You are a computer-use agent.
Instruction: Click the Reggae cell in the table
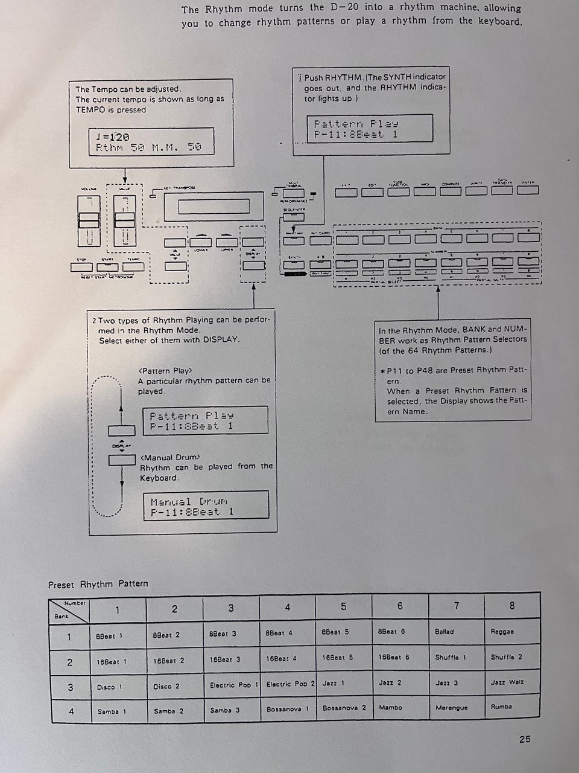pos(502,632)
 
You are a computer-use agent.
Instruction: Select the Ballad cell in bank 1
pos(445,632)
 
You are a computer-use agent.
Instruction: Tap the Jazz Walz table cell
pos(507,682)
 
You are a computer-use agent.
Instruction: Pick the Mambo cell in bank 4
pos(390,707)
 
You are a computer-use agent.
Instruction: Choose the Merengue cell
pos(451,708)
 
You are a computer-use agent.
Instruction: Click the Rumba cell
pos(501,707)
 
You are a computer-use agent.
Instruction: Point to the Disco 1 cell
pos(109,687)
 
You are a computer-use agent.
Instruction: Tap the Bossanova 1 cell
pos(288,709)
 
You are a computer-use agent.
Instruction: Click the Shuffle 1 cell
pos(451,657)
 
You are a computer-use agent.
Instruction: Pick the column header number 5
pos(343,606)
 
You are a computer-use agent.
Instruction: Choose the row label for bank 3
pos(70,687)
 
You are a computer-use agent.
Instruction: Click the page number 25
pos(525,739)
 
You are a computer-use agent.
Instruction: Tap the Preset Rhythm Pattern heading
pos(98,584)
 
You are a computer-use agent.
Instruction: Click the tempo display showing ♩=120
pos(151,142)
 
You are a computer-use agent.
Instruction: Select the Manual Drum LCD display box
pos(206,505)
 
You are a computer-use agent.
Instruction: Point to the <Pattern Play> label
pos(165,371)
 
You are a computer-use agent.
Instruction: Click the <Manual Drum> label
pos(169,457)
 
